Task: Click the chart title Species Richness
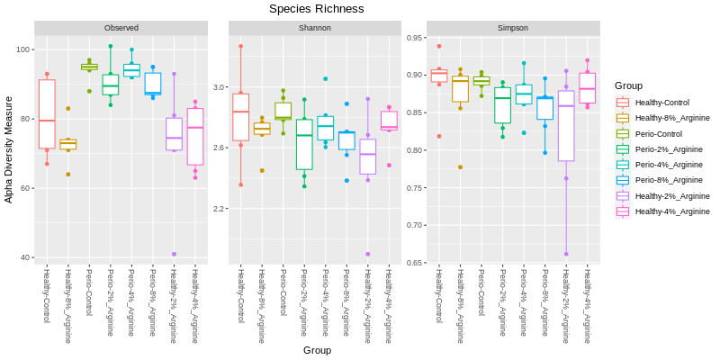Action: pos(316,9)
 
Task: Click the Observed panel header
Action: pos(121,29)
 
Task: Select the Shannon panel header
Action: pos(314,29)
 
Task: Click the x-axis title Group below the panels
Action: pos(317,350)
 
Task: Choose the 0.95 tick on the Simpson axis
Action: pos(415,38)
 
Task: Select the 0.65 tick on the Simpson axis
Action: pos(415,263)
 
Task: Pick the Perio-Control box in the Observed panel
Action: pos(89,67)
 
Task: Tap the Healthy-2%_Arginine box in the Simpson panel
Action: pos(566,126)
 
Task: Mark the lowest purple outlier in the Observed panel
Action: pos(174,254)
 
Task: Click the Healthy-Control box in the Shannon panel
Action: pos(240,117)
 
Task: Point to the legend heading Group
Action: pos(628,85)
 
